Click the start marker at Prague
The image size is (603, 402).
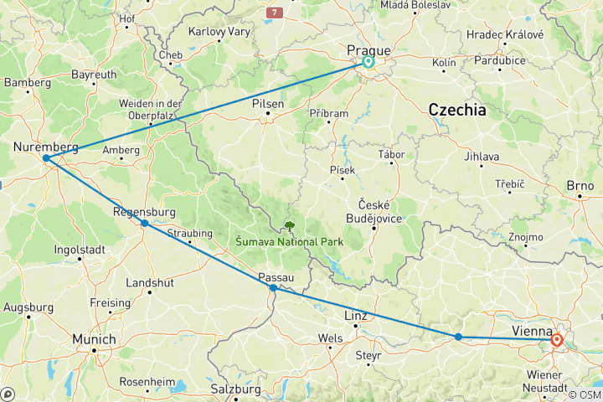[368, 61]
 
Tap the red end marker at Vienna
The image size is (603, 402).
[556, 340]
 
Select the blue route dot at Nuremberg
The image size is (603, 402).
[45, 158]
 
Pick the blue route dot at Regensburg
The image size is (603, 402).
[145, 224]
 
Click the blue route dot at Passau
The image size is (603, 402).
[273, 288]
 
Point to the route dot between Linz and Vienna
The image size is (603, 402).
[458, 337]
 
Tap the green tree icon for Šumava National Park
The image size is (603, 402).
[290, 225]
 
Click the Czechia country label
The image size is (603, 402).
[456, 110]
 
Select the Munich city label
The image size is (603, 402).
[94, 339]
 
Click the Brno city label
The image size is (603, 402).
[580, 186]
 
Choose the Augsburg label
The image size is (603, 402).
[28, 307]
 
